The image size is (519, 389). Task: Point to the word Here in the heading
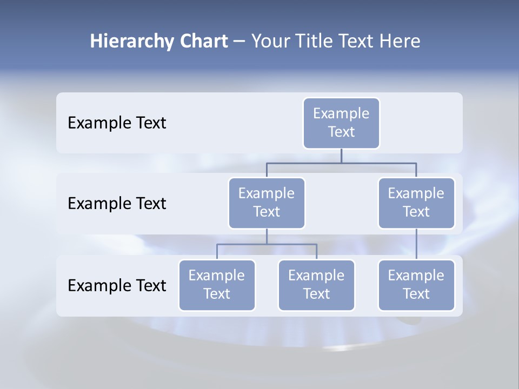coord(401,42)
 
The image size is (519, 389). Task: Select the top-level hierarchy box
coord(341,123)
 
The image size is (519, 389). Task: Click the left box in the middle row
coord(267,203)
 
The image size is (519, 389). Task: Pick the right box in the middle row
coord(416,203)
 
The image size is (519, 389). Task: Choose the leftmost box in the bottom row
coord(217,285)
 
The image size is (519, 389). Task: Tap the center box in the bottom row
coord(316,285)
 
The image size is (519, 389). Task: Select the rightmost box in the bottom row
coord(416,285)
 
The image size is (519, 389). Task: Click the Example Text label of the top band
coord(117,123)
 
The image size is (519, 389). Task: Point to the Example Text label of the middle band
coord(117,204)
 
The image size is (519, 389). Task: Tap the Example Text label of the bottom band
coord(117,285)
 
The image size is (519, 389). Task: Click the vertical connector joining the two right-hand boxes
coord(416,244)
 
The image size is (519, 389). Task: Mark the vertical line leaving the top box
coord(341,156)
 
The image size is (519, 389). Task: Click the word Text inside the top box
coord(341,132)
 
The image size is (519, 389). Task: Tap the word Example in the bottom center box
coord(316,276)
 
